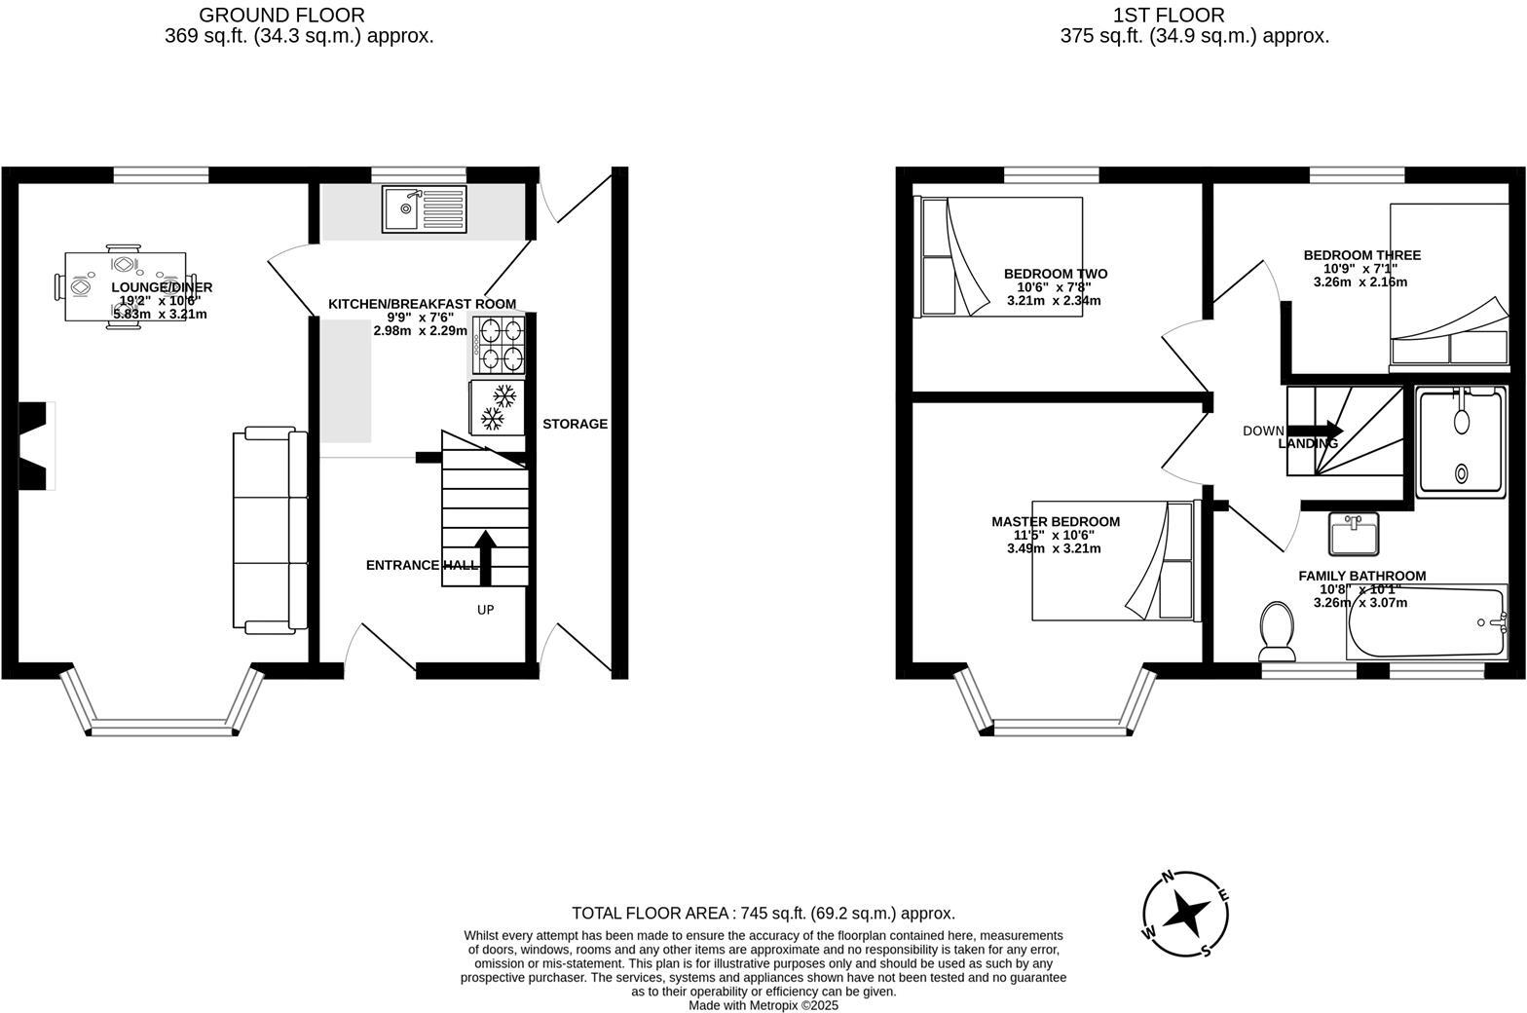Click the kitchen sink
click(x=425, y=208)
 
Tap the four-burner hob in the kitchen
click(x=499, y=345)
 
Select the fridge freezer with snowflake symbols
click(x=497, y=407)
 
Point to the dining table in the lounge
click(x=125, y=286)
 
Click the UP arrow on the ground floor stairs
click(x=485, y=557)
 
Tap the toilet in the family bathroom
click(x=1277, y=630)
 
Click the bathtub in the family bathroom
click(x=1426, y=622)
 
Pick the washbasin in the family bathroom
click(x=1354, y=533)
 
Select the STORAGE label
click(x=575, y=424)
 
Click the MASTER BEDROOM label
click(x=1056, y=522)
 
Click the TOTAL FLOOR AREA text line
click(x=763, y=913)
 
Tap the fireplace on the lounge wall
click(x=37, y=446)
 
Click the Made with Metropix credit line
click(x=763, y=1005)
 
